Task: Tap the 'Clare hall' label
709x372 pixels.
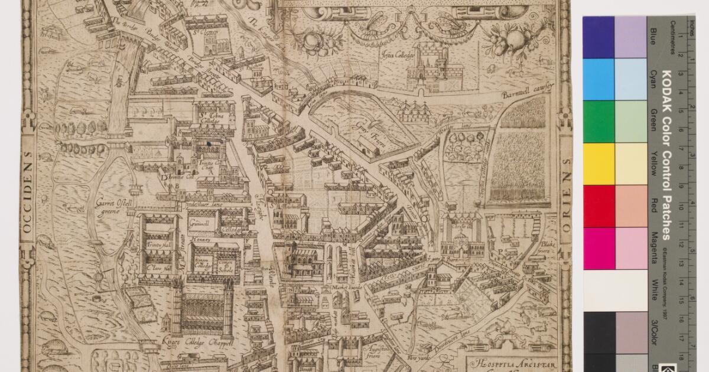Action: point(156,267)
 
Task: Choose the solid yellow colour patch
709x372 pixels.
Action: point(598,164)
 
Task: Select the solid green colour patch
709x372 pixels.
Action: point(598,121)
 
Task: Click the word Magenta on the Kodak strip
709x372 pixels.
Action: point(653,248)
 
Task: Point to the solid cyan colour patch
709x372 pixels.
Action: point(598,79)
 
